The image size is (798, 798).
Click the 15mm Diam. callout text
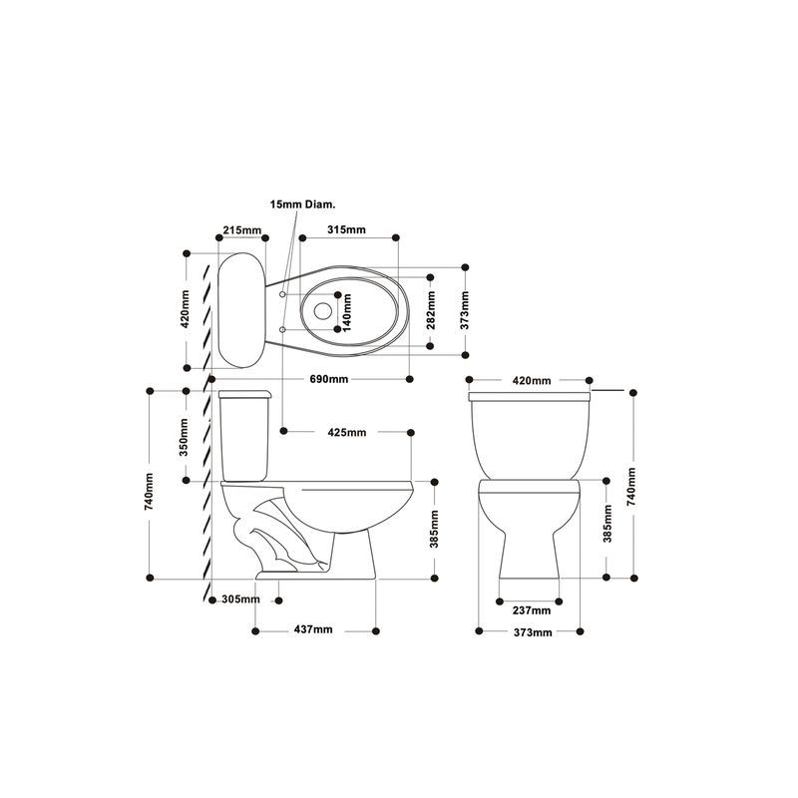[303, 204]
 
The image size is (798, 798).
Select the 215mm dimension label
[242, 230]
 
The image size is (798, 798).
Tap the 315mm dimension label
[346, 229]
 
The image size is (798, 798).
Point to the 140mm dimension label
[347, 312]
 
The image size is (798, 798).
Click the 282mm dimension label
[431, 310]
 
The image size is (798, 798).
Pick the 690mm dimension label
[329, 379]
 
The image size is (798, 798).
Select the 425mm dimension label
[347, 433]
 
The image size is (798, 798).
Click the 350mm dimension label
[185, 437]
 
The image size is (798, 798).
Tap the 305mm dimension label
[240, 599]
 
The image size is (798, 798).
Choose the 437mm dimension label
[313, 629]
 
